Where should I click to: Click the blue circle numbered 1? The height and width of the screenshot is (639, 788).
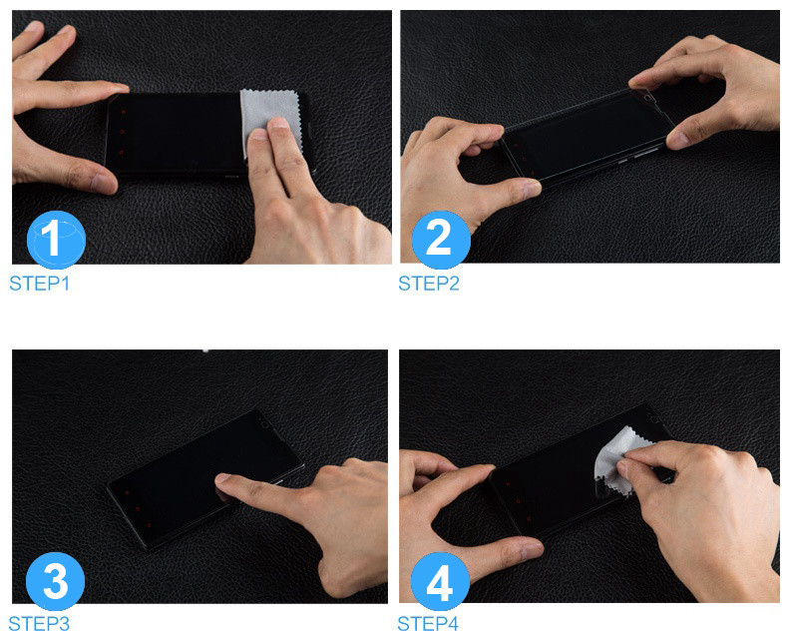click(x=56, y=240)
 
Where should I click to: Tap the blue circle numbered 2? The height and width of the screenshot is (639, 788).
click(x=441, y=240)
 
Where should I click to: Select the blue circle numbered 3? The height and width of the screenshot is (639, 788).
click(x=55, y=581)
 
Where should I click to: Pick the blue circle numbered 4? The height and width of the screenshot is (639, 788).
click(x=440, y=581)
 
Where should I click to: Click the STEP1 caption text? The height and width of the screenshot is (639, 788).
click(x=40, y=284)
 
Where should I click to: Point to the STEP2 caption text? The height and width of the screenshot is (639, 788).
click(x=429, y=284)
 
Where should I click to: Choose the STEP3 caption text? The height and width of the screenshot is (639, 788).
click(x=39, y=624)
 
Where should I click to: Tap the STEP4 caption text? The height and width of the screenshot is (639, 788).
click(x=428, y=624)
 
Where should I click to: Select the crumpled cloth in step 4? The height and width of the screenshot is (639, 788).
click(x=615, y=460)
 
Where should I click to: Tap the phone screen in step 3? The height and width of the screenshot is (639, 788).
click(x=201, y=478)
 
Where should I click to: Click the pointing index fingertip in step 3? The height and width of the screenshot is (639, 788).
click(x=222, y=479)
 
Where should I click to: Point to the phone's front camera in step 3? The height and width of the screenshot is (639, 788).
click(x=265, y=424)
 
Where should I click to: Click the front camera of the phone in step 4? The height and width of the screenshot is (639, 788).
click(x=654, y=418)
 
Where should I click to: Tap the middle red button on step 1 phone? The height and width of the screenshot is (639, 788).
click(x=122, y=132)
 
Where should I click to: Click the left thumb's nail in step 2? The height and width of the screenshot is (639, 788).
click(x=532, y=189)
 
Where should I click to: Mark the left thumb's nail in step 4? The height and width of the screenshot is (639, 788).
click(x=532, y=548)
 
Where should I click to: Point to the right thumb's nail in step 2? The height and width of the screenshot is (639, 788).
click(x=677, y=139)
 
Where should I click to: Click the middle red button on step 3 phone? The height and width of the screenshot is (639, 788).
click(x=138, y=508)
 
